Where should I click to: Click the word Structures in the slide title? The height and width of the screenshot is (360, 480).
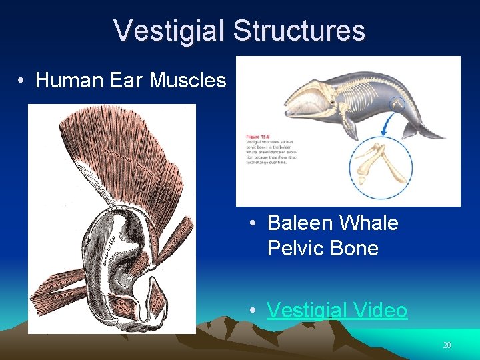pos(299,31)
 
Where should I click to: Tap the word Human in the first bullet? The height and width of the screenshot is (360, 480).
pos(66,81)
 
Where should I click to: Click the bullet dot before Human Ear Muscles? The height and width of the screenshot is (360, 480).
pos(22,81)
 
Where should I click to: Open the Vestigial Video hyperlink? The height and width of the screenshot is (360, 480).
pos(337,310)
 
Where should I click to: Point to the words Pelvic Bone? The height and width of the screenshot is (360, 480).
pos(323,248)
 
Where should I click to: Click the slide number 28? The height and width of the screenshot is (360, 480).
pos(447,345)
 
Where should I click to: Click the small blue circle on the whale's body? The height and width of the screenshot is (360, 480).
pos(398,103)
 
